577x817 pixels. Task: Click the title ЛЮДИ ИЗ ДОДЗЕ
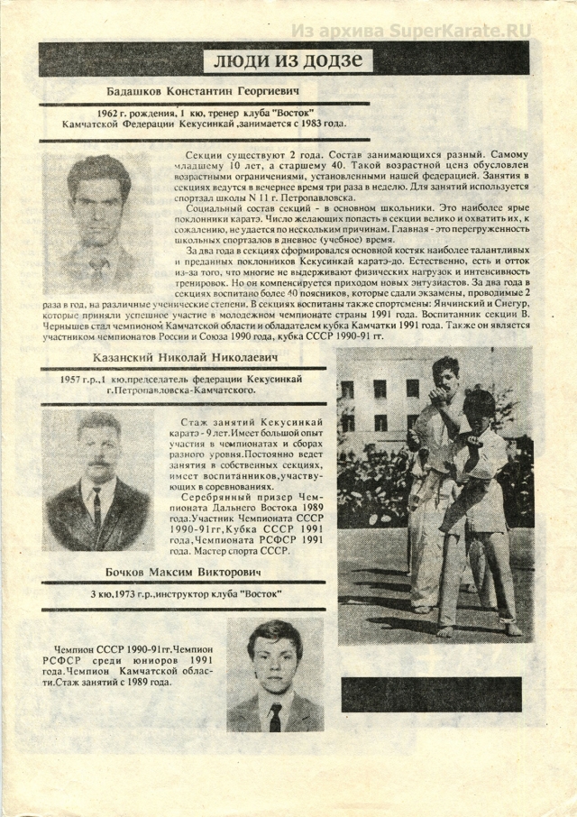click(x=289, y=60)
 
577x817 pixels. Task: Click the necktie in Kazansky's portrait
click(x=96, y=509)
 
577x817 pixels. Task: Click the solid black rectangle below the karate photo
click(x=432, y=693)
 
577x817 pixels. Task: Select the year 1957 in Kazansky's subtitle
click(x=71, y=380)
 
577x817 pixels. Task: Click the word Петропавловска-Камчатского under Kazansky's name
click(x=192, y=390)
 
